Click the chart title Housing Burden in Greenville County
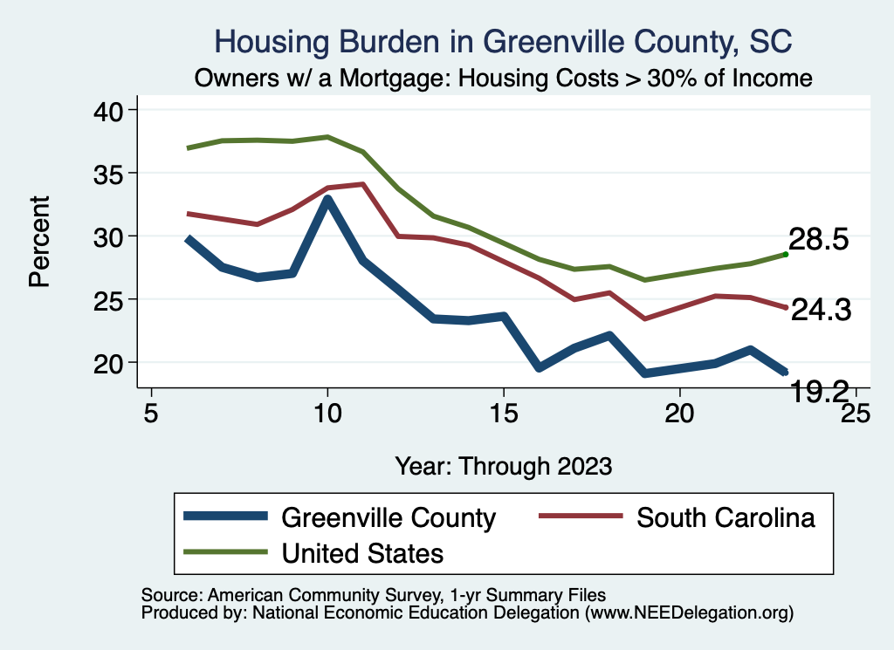(x=504, y=42)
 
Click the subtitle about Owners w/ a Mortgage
(x=504, y=79)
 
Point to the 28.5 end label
(x=819, y=240)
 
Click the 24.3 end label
(x=821, y=310)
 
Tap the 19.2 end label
(x=821, y=393)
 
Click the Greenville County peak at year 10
(x=327, y=201)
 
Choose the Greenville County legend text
(x=389, y=517)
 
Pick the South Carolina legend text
(x=726, y=517)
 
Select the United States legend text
(x=362, y=553)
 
